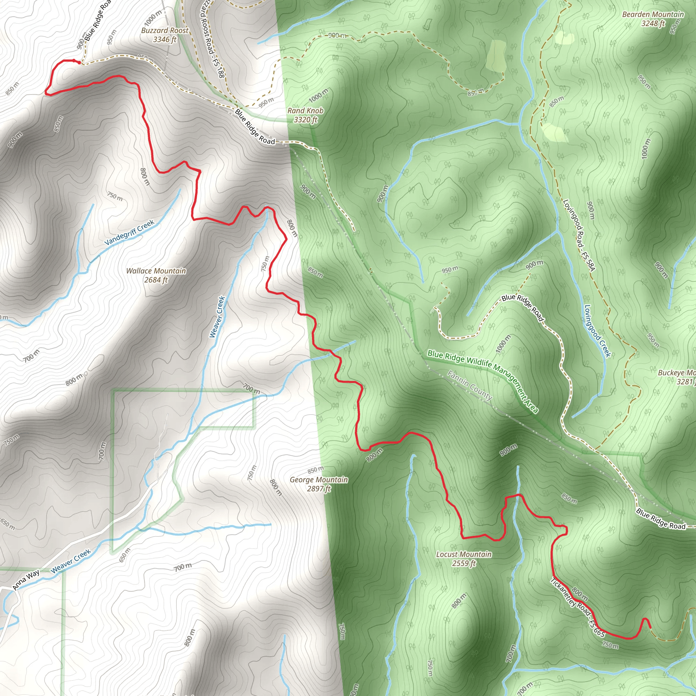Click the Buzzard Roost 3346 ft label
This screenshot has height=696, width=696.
coord(164,35)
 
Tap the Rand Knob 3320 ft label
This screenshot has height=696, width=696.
coord(305,115)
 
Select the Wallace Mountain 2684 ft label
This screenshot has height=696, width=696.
coord(156,275)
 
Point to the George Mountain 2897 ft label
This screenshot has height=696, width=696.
coord(319,484)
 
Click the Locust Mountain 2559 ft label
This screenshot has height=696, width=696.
coord(464,558)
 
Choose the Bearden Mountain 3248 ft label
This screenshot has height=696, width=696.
coord(653,19)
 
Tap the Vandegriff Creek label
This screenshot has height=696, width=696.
coord(129,232)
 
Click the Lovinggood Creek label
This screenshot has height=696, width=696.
coord(598,331)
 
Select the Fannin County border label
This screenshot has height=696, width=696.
coord(470,385)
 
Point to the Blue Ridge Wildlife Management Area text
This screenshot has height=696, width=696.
coord(483,381)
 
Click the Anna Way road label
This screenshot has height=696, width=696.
coord(26,580)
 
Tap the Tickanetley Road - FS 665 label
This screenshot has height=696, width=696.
coord(577,607)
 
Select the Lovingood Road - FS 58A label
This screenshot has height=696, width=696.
coord(579,234)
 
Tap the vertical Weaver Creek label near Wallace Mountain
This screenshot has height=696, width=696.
coord(217,317)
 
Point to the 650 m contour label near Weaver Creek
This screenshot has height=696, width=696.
coord(125,555)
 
